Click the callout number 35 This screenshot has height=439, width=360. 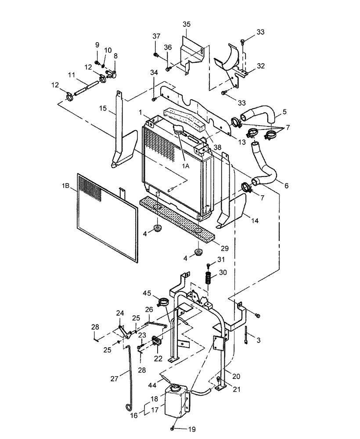pos(186,24)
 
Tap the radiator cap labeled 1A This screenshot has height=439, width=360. pos(180,130)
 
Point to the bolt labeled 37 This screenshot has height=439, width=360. pos(156,55)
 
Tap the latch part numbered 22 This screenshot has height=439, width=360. pos(157,341)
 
